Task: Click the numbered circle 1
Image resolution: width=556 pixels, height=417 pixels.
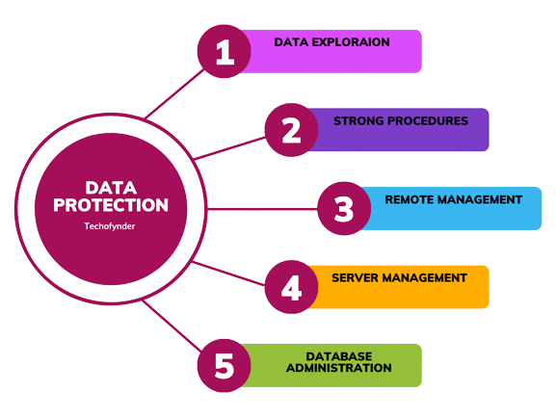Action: [225, 51]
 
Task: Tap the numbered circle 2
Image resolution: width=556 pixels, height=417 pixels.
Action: [291, 130]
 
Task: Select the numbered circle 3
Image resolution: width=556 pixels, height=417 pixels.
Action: [344, 208]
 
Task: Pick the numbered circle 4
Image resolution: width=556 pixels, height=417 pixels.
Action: [291, 287]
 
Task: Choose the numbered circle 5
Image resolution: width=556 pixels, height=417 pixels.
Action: [225, 366]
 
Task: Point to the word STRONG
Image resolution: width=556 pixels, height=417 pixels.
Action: [358, 120]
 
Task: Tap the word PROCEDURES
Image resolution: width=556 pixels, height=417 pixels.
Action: [428, 120]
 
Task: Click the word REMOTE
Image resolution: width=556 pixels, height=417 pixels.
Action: [410, 199]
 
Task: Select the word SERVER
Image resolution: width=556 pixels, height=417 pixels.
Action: [356, 277]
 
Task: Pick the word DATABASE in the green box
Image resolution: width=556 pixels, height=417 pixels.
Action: [339, 356]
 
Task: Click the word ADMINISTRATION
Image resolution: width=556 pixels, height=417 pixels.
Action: [339, 368]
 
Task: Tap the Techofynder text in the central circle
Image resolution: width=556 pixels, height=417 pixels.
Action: [110, 226]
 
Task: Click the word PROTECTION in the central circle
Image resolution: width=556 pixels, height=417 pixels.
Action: [111, 205]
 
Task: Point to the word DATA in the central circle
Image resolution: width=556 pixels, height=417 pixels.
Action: [111, 188]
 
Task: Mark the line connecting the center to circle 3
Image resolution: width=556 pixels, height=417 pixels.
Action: [262, 209]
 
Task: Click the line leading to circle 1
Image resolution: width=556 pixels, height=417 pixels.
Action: [174, 93]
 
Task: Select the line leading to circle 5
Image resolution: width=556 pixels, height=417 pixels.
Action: [172, 326]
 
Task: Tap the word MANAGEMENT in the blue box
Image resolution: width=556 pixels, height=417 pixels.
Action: [480, 199]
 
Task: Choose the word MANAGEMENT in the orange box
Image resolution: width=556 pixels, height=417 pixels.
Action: [425, 277]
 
